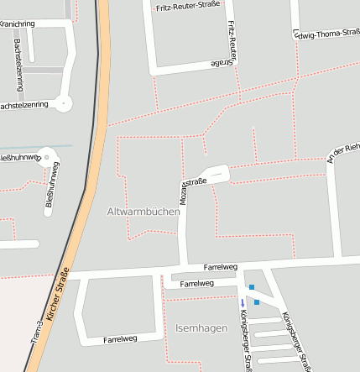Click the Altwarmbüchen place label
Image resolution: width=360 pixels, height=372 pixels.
click(x=143, y=212)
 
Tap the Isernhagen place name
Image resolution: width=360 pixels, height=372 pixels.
click(x=201, y=327)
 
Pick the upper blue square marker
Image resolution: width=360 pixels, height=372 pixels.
click(x=251, y=287)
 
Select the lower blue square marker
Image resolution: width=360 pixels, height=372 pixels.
click(x=257, y=301)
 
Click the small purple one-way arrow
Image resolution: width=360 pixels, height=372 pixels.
click(x=243, y=302)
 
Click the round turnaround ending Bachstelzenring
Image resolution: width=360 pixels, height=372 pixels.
click(x=65, y=103)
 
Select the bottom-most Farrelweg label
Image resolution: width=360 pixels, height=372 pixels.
click(x=120, y=340)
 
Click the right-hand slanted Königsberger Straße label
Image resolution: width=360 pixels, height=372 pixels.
click(x=298, y=341)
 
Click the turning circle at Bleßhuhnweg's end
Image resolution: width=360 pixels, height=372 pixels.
click(x=48, y=156)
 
